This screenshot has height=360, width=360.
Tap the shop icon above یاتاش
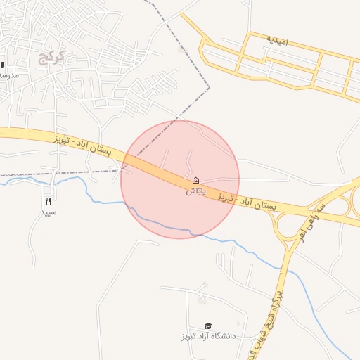click(195, 181)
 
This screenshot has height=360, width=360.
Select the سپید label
click(48, 212)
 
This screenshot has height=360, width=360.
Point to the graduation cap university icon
click(208, 326)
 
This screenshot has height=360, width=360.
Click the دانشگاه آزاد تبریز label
click(208, 337)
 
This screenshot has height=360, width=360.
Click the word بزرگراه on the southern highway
click(277, 295)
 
